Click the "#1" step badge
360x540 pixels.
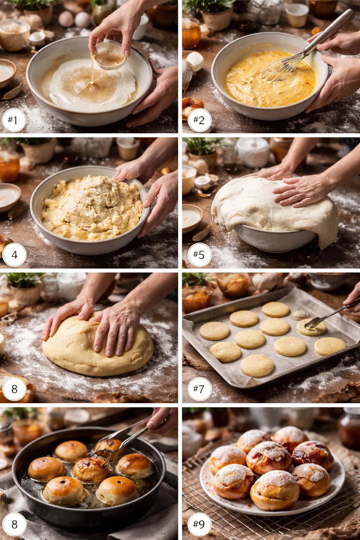[13, 120]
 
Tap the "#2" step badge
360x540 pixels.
[199, 120]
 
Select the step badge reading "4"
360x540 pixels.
[14, 255]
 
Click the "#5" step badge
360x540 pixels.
[199, 255]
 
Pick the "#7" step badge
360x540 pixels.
[199, 389]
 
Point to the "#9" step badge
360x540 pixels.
[199, 524]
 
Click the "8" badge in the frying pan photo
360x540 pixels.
[14, 524]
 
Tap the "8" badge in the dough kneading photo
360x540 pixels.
[14, 389]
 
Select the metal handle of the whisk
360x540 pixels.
[330, 30]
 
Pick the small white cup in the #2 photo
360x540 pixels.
[297, 15]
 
